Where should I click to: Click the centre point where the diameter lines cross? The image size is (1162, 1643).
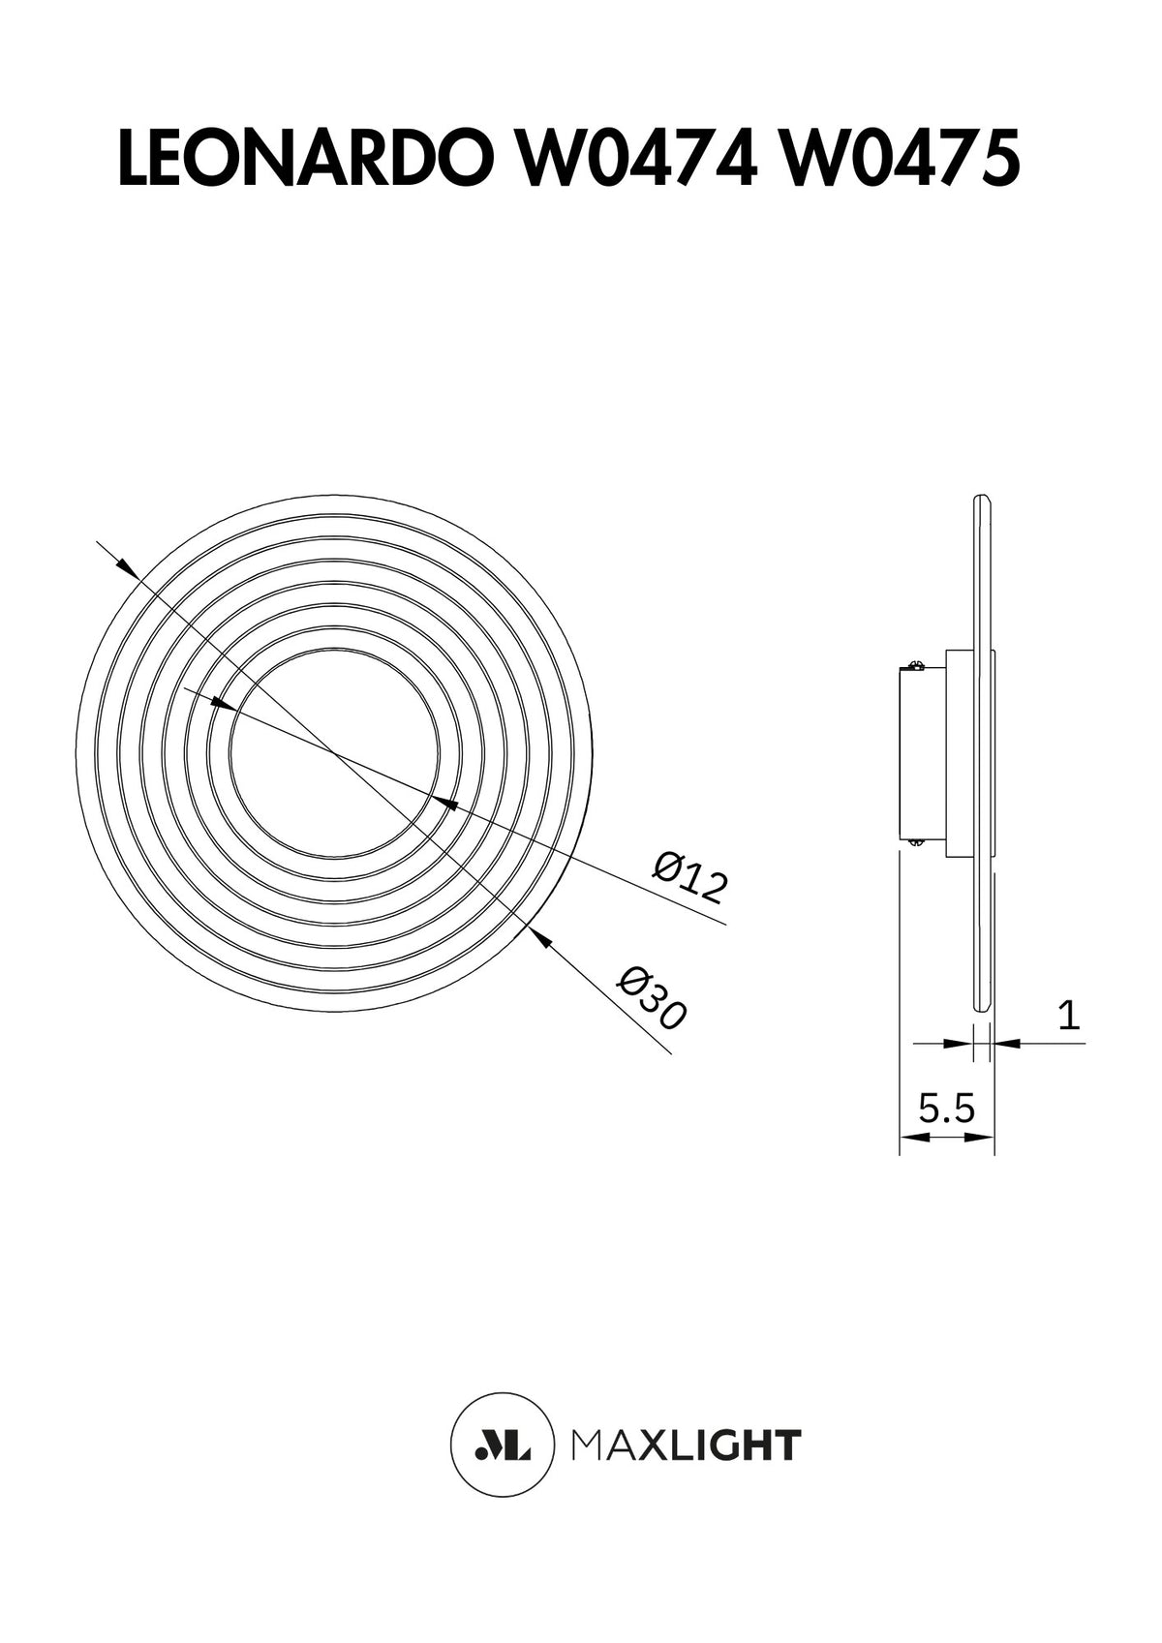pos(334,752)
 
